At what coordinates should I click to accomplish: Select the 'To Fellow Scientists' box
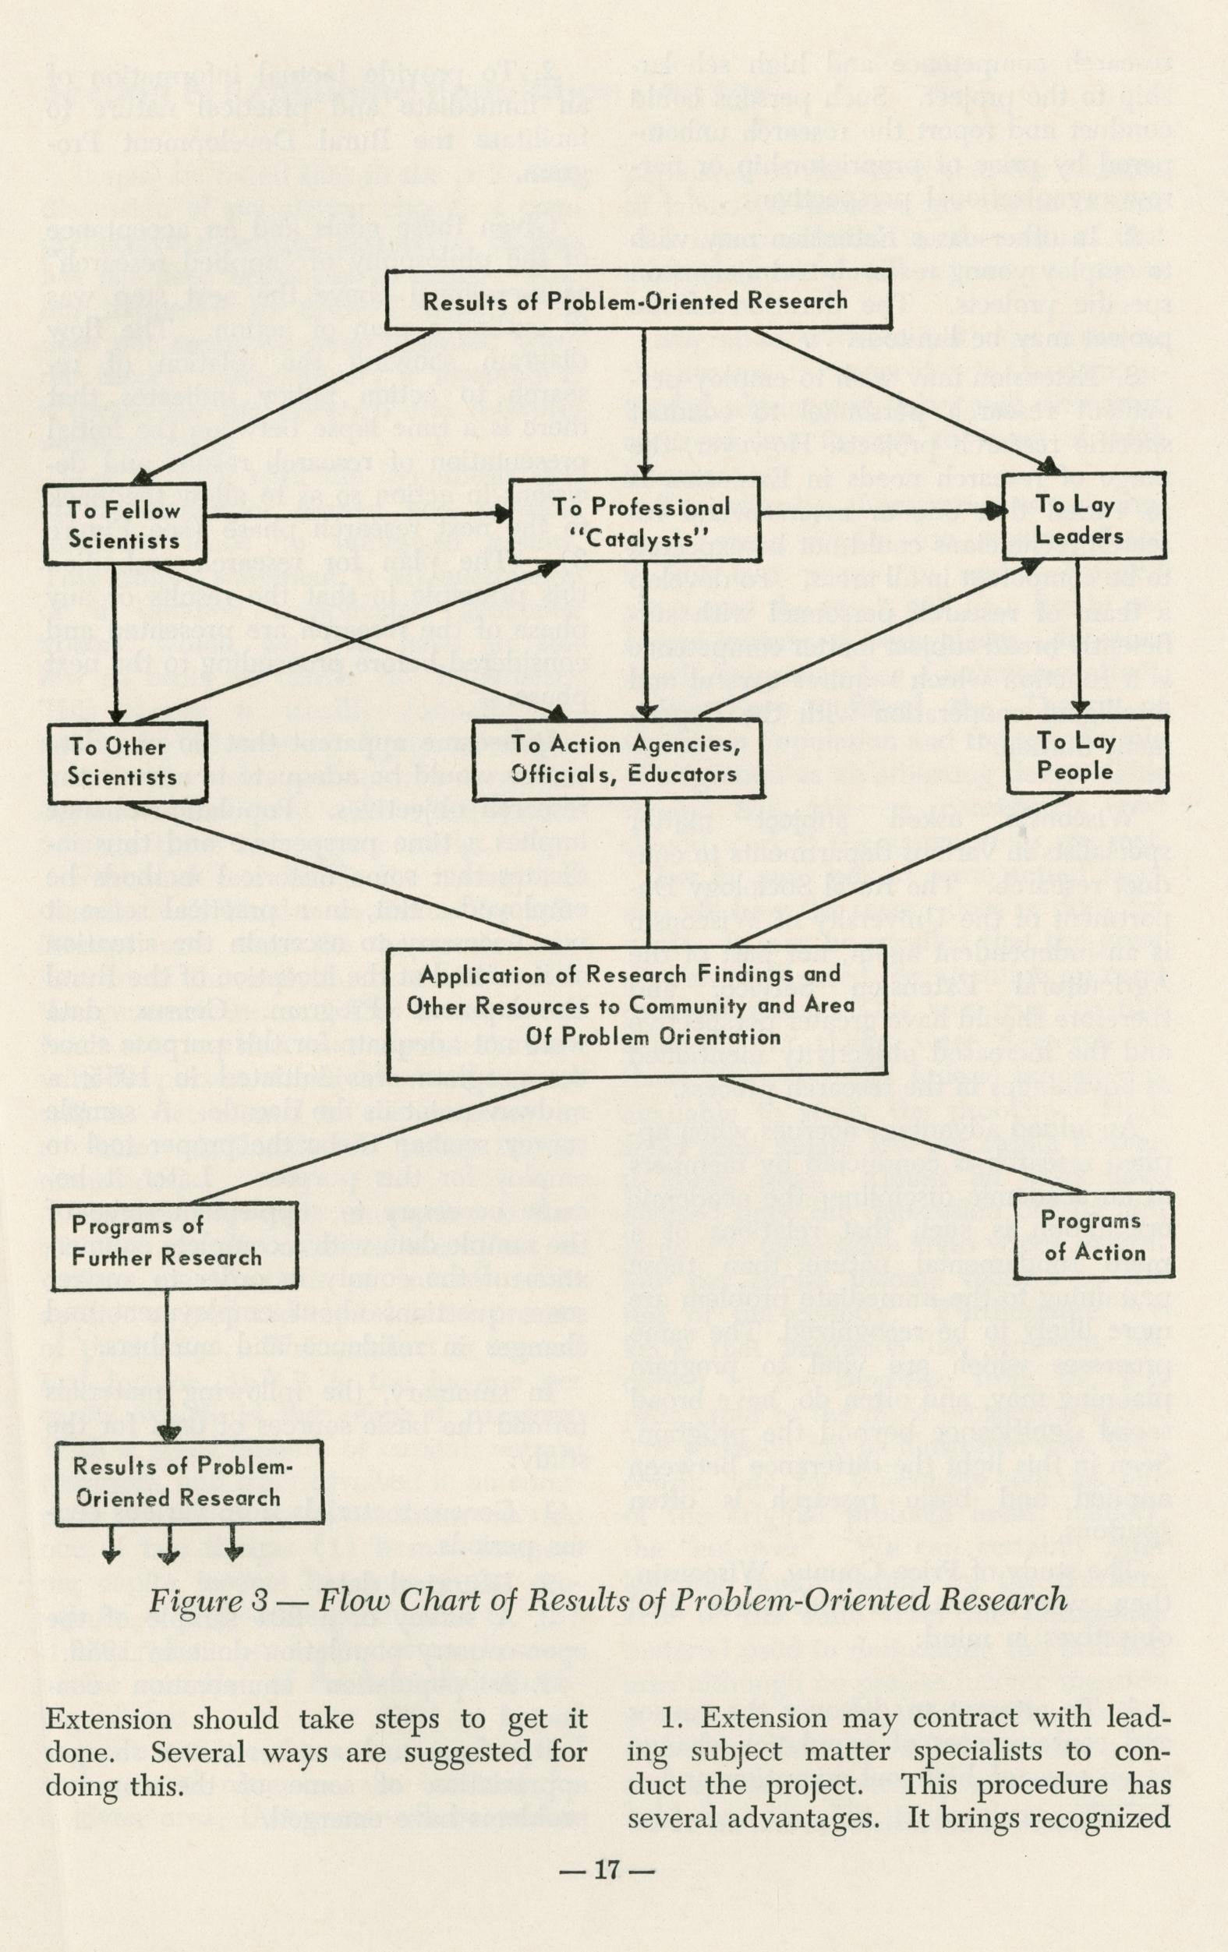tap(124, 524)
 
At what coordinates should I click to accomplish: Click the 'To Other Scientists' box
tap(123, 761)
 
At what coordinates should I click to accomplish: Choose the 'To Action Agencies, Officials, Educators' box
tap(624, 758)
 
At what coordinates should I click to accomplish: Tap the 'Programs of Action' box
tap(1093, 1236)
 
